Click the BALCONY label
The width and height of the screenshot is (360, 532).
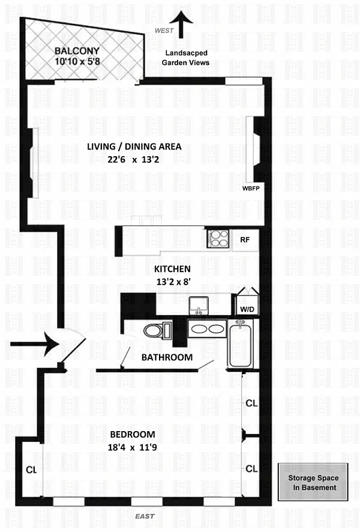pos(77,51)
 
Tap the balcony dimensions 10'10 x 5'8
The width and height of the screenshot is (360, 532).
pos(77,61)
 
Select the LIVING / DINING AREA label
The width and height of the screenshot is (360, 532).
pos(134,147)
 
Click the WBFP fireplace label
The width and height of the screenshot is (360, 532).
pos(251,188)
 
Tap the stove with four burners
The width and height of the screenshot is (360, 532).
pos(218,238)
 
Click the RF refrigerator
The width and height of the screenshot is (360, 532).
pos(245,240)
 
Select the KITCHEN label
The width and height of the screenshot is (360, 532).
pos(172,269)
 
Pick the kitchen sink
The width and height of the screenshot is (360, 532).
pos(199,306)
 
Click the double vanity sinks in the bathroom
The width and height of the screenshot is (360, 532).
pos(207,329)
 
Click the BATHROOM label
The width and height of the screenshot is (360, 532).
pos(167,357)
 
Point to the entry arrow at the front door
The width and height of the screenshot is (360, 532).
pos(35,344)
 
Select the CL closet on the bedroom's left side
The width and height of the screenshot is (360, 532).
pos(32,470)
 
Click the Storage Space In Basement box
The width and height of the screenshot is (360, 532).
pos(313,482)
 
